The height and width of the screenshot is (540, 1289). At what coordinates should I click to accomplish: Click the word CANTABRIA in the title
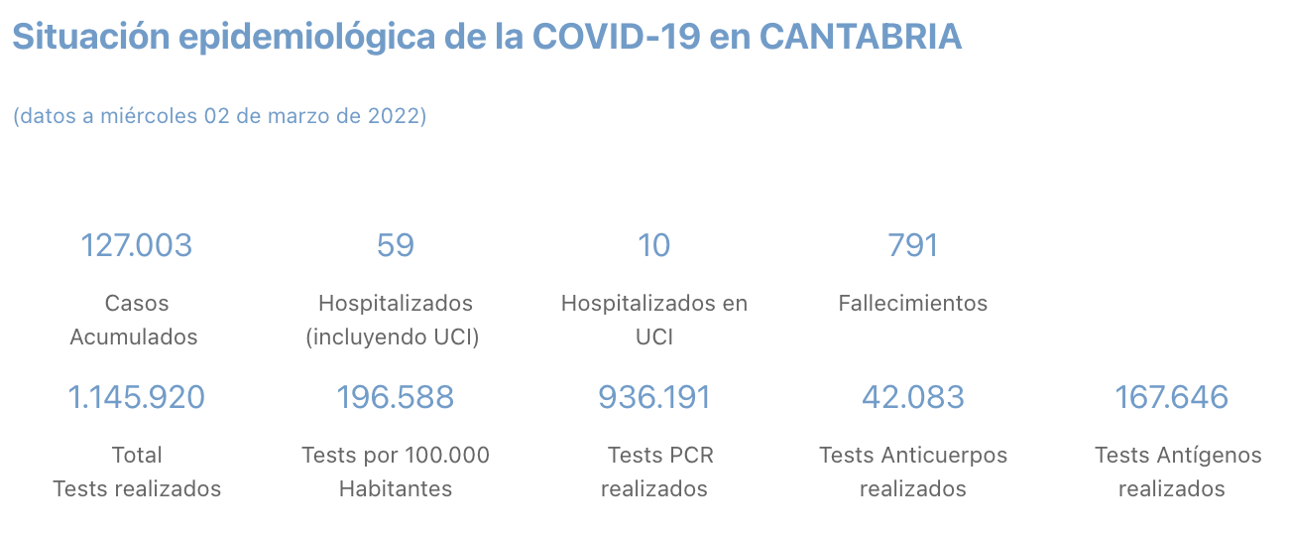[860, 37]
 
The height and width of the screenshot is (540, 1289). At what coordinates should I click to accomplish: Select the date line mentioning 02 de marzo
[219, 116]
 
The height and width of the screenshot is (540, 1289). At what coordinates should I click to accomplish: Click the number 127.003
[136, 245]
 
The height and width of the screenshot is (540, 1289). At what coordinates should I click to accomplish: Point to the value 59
[395, 245]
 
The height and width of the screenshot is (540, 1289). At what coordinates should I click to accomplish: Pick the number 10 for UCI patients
[653, 245]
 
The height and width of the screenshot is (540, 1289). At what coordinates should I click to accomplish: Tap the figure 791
[912, 245]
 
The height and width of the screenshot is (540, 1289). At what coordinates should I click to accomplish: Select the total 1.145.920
[136, 397]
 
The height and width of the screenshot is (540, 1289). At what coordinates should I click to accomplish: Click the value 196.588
[395, 397]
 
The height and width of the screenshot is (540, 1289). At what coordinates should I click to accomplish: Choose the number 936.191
[653, 397]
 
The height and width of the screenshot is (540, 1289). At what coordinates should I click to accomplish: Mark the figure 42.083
[912, 397]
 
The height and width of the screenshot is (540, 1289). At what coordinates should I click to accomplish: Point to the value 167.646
[1171, 397]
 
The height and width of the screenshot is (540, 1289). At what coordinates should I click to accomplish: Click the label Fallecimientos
[912, 303]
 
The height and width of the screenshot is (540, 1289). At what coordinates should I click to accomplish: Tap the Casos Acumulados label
[136, 320]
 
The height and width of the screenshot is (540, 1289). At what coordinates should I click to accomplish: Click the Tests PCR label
[659, 456]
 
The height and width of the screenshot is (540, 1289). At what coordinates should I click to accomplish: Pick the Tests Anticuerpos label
[912, 456]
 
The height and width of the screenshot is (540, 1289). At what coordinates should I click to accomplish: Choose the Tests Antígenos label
[1177, 456]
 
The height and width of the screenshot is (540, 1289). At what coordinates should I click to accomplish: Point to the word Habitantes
[395, 489]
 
